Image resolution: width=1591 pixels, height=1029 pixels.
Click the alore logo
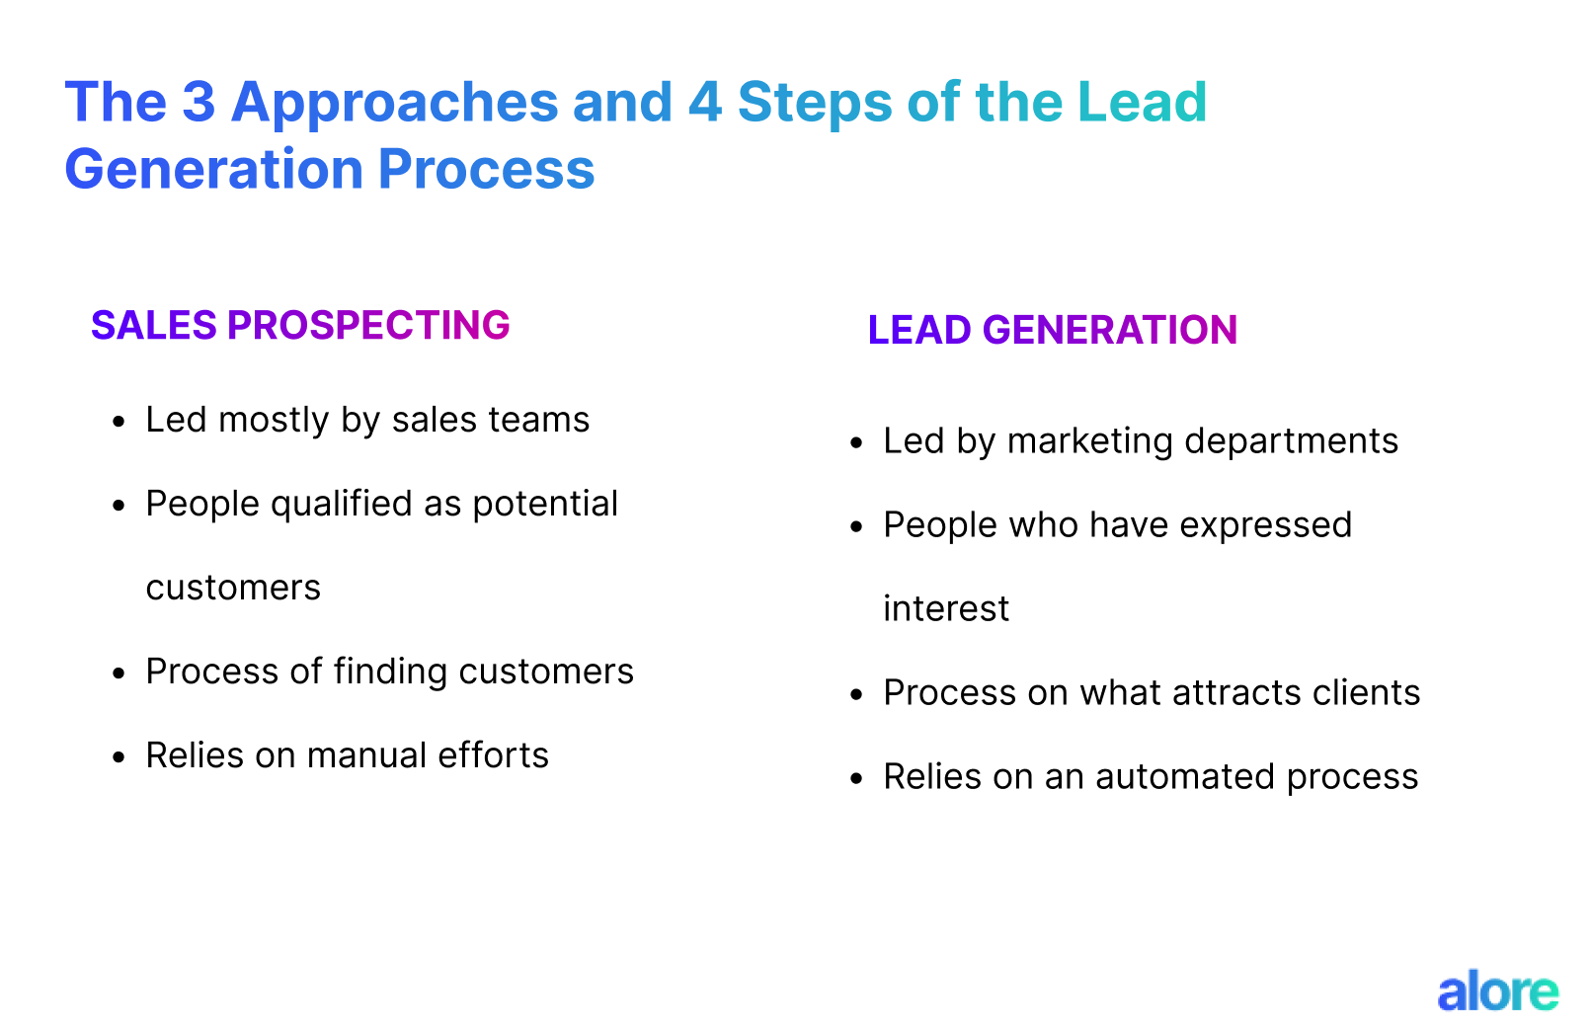tap(1497, 991)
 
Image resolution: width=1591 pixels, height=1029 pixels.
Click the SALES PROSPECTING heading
tap(300, 325)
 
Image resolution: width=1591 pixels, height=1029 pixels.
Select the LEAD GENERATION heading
tap(1052, 330)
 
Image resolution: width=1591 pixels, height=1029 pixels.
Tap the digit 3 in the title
tap(199, 102)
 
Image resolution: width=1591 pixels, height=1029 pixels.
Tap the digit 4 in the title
tap(705, 102)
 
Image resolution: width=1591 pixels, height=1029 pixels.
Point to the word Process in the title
tap(486, 169)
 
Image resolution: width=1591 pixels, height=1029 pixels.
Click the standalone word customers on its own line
tap(233, 589)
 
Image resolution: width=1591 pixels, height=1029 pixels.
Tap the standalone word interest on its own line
tap(946, 609)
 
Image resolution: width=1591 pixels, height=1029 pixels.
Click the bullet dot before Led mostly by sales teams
tap(119, 422)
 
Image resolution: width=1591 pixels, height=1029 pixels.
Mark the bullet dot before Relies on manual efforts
tap(119, 757)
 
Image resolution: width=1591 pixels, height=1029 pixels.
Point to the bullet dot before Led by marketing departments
tap(857, 442)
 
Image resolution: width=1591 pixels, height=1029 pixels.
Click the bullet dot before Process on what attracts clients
tap(857, 694)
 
